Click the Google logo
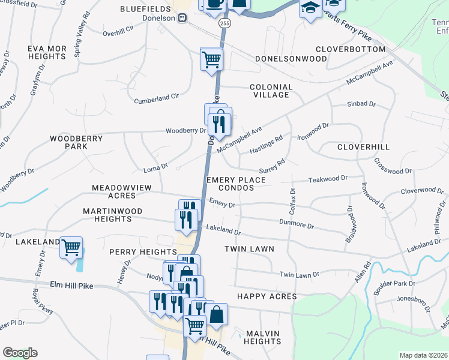click(20, 353)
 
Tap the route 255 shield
click(224, 23)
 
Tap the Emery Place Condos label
click(238, 184)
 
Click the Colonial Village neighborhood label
click(271, 91)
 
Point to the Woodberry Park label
click(76, 142)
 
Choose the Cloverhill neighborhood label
click(363, 147)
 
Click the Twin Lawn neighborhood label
click(249, 248)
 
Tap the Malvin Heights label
click(263, 337)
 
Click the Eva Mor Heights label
click(46, 52)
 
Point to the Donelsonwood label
click(291, 59)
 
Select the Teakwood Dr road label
click(328, 179)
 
